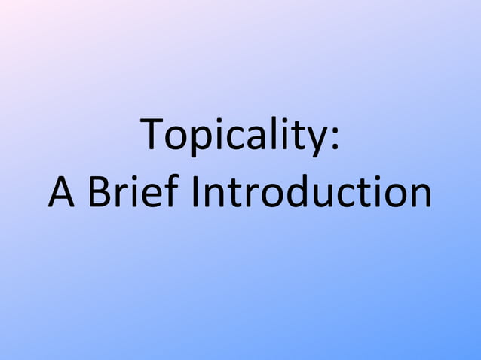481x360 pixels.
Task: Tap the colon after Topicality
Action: coord(334,139)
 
